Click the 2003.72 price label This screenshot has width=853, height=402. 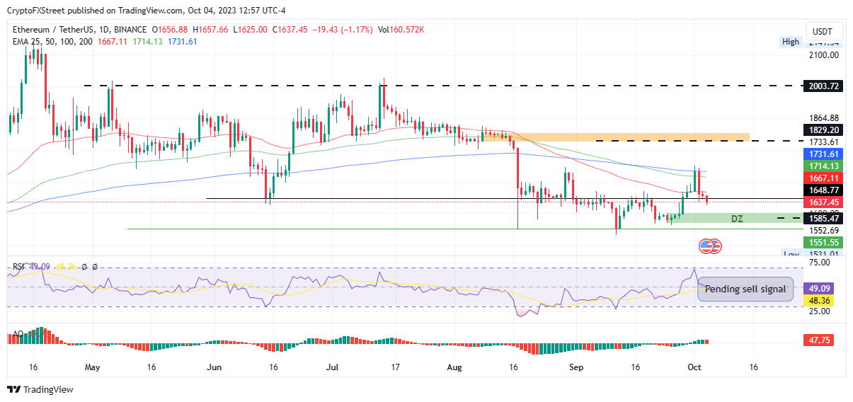(x=823, y=86)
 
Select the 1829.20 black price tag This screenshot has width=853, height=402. (x=823, y=130)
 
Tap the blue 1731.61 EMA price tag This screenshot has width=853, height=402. (x=823, y=154)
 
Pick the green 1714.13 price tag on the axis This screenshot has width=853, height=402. (x=823, y=166)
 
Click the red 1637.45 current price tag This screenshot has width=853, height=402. (x=823, y=202)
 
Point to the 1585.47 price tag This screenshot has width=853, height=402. (x=823, y=219)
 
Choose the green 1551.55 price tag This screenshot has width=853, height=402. (x=823, y=242)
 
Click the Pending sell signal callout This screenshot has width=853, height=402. (x=745, y=289)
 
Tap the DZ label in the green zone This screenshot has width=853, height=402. (x=737, y=219)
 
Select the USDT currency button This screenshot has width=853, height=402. (x=822, y=32)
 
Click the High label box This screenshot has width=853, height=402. (x=790, y=42)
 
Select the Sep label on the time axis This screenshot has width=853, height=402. (x=577, y=368)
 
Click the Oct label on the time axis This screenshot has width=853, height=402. (x=694, y=368)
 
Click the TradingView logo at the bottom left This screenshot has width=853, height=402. (x=40, y=389)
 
